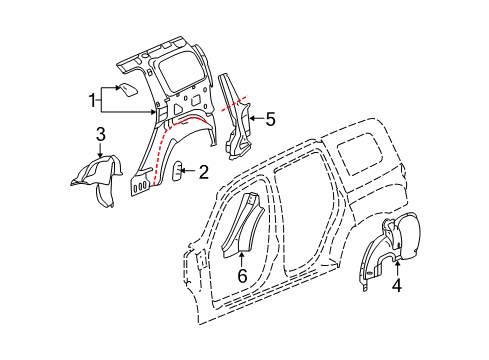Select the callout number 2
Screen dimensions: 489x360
203,172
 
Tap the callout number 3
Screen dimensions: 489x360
100,134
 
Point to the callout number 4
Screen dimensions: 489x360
397,285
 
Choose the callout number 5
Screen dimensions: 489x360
269,120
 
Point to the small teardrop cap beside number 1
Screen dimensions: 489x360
128,90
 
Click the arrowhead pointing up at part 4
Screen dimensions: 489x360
397,266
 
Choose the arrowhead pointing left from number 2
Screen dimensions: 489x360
186,172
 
